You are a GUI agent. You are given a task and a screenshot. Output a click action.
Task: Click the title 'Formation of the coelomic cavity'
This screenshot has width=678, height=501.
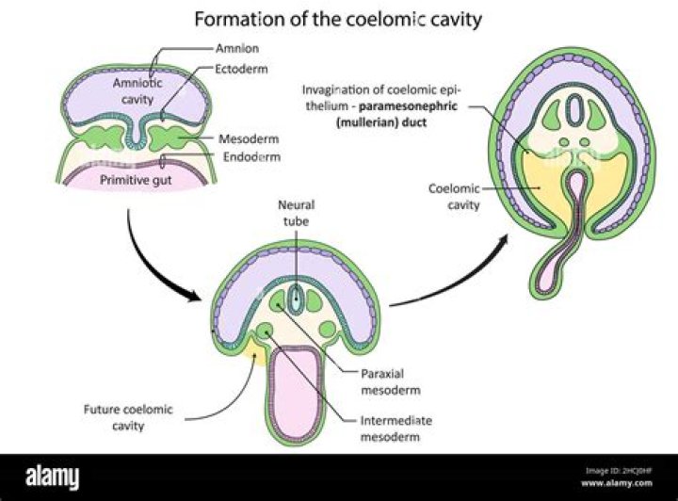[338, 20]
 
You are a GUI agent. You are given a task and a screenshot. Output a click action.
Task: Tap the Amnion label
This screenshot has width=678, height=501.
[237, 48]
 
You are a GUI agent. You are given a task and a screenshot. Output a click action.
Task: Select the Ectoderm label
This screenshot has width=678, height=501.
[241, 69]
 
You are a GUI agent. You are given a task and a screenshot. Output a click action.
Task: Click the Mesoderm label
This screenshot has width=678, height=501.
[249, 138]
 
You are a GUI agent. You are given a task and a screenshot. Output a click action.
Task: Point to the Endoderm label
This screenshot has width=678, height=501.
[251, 156]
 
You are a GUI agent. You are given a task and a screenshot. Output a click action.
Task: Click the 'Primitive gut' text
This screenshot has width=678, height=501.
[136, 180]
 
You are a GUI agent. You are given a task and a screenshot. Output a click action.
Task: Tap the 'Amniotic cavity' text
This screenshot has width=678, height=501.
[137, 90]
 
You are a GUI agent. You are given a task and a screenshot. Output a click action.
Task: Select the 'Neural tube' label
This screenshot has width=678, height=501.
[297, 213]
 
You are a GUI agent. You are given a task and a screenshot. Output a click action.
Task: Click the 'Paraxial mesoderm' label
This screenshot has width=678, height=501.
[391, 381]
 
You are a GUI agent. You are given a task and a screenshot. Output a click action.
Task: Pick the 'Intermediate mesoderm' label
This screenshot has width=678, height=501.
[396, 428]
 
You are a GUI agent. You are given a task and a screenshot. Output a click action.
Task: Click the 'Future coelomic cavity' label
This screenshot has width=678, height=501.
[128, 417]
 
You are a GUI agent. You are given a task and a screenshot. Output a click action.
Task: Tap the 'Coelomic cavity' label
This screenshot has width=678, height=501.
[454, 196]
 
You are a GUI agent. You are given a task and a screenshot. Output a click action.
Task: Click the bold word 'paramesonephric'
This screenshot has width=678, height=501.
[408, 106]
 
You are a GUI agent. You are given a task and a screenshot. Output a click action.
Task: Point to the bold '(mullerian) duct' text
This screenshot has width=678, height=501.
[381, 122]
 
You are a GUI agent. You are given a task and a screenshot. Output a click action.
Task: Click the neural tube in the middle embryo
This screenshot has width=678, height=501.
[296, 299]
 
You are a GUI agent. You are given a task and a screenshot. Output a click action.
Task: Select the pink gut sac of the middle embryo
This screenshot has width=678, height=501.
[295, 395]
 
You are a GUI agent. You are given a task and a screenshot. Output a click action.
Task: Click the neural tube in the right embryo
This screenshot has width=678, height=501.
[573, 110]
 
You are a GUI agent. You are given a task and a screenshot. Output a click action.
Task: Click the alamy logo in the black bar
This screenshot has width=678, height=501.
[53, 477]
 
